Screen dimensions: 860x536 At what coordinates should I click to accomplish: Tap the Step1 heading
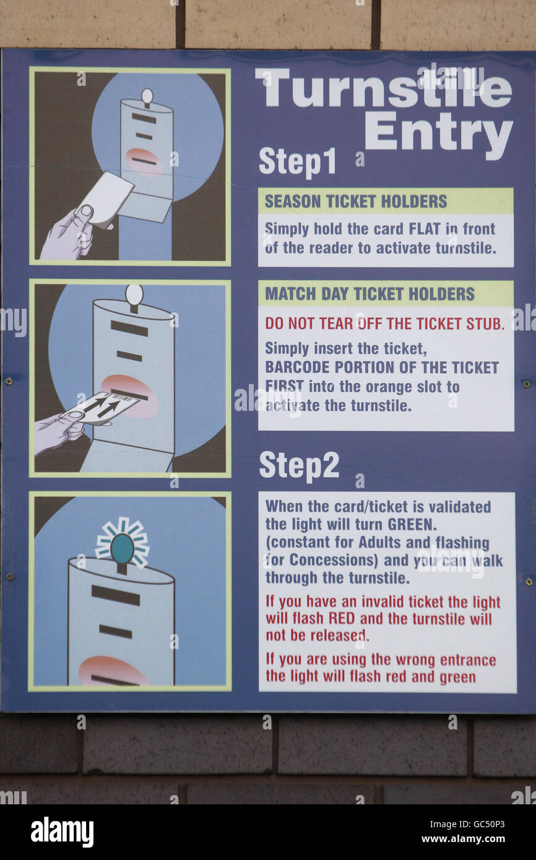(x=297, y=161)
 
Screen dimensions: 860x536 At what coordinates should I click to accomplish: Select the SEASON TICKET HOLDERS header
(x=356, y=202)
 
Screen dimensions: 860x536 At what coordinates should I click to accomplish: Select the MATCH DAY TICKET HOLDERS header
(x=370, y=294)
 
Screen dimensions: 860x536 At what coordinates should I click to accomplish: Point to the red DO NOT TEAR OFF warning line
(x=384, y=323)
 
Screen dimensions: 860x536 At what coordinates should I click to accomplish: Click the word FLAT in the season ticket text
(x=425, y=229)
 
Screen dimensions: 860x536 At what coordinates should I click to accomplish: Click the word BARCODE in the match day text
(x=295, y=367)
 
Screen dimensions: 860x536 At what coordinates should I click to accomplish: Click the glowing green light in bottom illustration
(x=122, y=548)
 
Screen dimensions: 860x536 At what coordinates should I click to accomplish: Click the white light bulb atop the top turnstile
(x=147, y=95)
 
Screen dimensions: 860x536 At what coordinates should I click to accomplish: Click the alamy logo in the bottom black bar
(x=62, y=832)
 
